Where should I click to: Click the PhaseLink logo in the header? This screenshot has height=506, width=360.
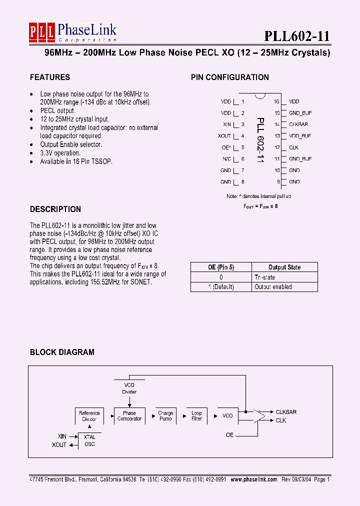tap(72, 33)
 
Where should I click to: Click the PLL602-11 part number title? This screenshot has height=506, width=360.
tap(297, 36)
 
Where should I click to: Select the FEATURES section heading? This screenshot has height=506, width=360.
tap(50, 77)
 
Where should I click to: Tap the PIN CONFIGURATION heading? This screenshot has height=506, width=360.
tap(229, 77)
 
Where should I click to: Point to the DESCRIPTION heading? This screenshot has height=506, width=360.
tap(55, 209)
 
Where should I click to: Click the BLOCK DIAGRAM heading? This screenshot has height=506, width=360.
tap(62, 352)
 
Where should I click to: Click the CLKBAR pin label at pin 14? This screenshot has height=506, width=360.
tap(298, 124)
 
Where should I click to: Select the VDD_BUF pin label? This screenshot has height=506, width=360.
tap(300, 136)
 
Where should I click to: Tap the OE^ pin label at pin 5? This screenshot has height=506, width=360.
tap(226, 147)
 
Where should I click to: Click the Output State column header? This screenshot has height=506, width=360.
tap(284, 267)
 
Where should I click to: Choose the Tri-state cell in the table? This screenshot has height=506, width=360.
tap(265, 277)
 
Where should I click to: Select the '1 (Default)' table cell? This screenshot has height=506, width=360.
tap(220, 286)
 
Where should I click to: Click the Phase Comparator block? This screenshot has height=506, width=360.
tap(129, 416)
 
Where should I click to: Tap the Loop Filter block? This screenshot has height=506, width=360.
tap(196, 416)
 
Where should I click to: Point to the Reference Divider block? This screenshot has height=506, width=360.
tap(89, 416)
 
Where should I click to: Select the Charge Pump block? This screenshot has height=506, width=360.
tap(165, 416)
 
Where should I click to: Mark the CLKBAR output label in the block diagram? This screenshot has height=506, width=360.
tap(286, 412)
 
